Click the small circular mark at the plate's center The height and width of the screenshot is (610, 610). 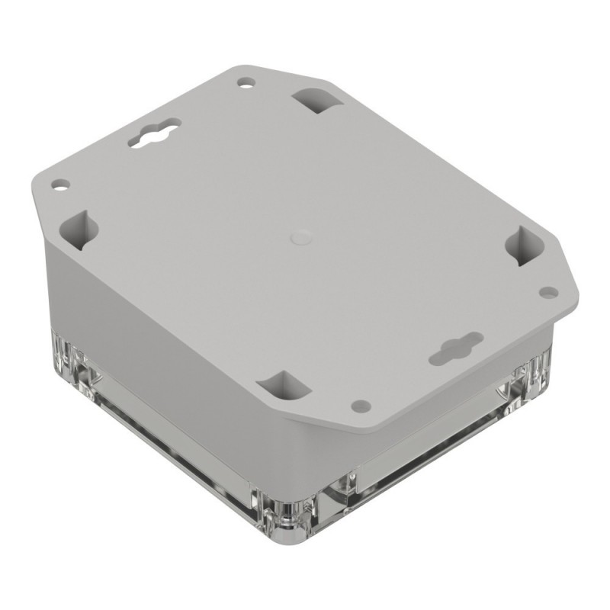(300, 237)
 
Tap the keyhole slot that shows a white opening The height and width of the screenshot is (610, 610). (155, 133)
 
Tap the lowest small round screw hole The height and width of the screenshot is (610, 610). (364, 405)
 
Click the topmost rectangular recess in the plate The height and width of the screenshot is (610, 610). (314, 99)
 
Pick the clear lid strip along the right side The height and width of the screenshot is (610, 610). (427, 450)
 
